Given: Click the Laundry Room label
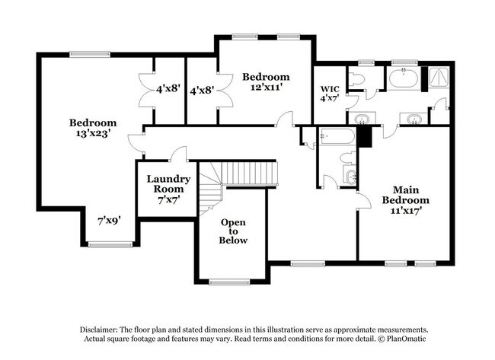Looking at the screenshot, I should point(163,188).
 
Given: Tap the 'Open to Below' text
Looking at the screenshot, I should point(234,231).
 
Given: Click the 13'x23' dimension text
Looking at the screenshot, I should point(93,132).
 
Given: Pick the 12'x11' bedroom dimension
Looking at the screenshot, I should point(266,87).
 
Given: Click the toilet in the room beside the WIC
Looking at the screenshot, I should point(356,78).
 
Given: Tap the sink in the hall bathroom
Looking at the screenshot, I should point(349,177).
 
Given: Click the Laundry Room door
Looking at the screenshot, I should point(179,155).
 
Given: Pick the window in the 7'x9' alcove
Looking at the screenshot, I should point(109,244).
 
